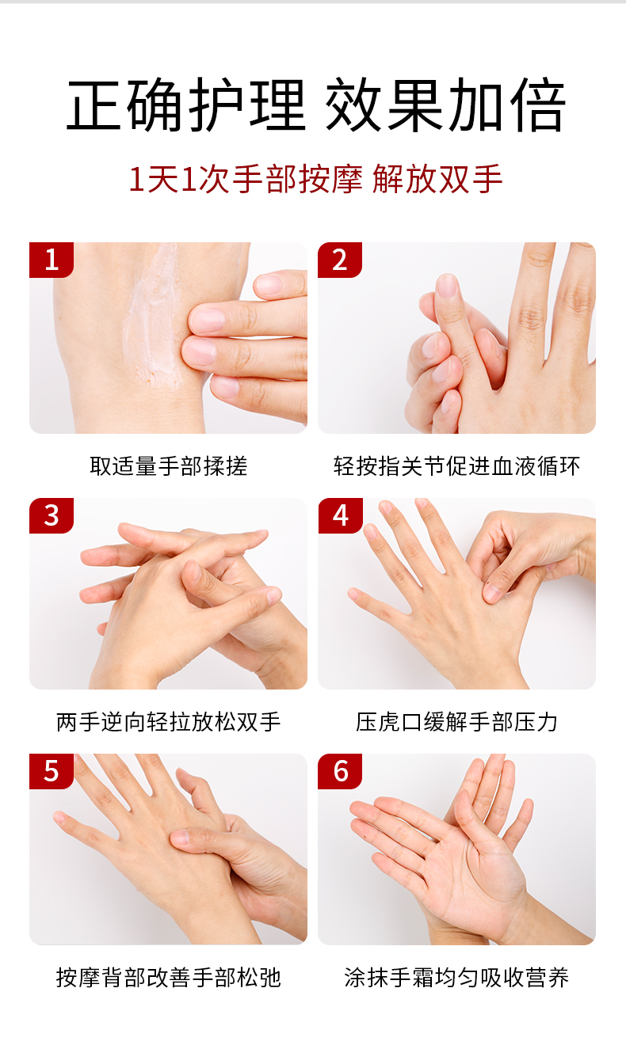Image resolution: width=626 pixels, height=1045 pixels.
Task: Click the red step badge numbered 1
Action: tap(52, 260)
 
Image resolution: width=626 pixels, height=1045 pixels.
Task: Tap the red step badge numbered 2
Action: tap(340, 260)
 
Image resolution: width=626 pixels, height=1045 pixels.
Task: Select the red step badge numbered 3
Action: tap(52, 515)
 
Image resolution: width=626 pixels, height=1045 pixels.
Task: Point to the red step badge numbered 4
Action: tap(340, 515)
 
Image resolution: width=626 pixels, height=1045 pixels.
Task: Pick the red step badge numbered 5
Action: tap(52, 771)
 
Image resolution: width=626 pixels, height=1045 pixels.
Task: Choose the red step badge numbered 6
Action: tap(340, 771)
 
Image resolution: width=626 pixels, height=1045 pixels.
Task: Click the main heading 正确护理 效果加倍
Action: tap(316, 104)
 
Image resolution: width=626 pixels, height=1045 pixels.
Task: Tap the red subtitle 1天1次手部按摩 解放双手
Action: tap(315, 179)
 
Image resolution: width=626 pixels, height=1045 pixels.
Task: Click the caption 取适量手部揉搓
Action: tap(169, 466)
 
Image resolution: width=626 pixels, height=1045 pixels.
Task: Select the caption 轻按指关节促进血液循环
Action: tap(457, 466)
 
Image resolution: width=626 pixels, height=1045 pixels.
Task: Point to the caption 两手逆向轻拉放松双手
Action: tap(169, 722)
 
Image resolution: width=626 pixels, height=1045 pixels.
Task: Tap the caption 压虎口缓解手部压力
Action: tap(457, 722)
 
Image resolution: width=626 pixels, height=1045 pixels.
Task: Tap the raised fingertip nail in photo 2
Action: tap(446, 286)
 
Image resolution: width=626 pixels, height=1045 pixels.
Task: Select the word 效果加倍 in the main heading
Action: tap(445, 104)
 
